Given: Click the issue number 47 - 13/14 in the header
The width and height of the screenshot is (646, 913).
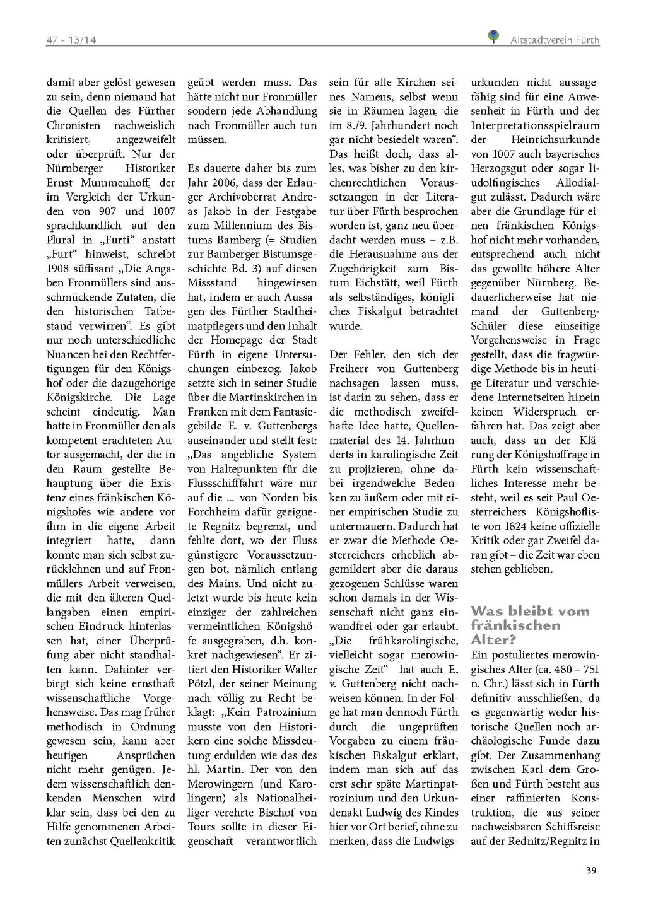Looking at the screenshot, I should tap(71, 40).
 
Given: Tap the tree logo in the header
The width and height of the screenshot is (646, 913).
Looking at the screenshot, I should tap(494, 37).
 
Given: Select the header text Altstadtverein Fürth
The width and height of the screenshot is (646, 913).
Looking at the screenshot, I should tap(555, 40).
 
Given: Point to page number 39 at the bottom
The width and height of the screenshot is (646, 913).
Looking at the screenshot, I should tap(591, 871).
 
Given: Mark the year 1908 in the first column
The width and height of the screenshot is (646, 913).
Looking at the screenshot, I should tap(58, 269).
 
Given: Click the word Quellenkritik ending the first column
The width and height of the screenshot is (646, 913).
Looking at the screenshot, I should tap(143, 841).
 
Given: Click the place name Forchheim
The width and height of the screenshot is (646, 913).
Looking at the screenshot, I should tap(214, 512).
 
